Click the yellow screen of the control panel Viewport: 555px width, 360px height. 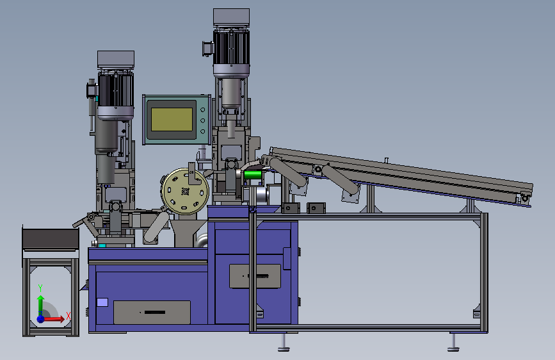click(172, 119)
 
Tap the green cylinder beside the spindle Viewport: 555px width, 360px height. click(253, 174)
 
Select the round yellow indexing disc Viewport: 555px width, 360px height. click(185, 192)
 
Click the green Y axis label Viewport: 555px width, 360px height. click(40, 288)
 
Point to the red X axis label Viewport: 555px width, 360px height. click(68, 316)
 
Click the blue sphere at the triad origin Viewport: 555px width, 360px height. click(41, 319)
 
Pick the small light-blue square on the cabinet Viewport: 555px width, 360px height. click(102, 302)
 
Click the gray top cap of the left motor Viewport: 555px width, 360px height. click(116, 60)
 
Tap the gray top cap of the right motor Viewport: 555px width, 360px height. click(232, 17)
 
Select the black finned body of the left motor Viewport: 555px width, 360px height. click(116, 90)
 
